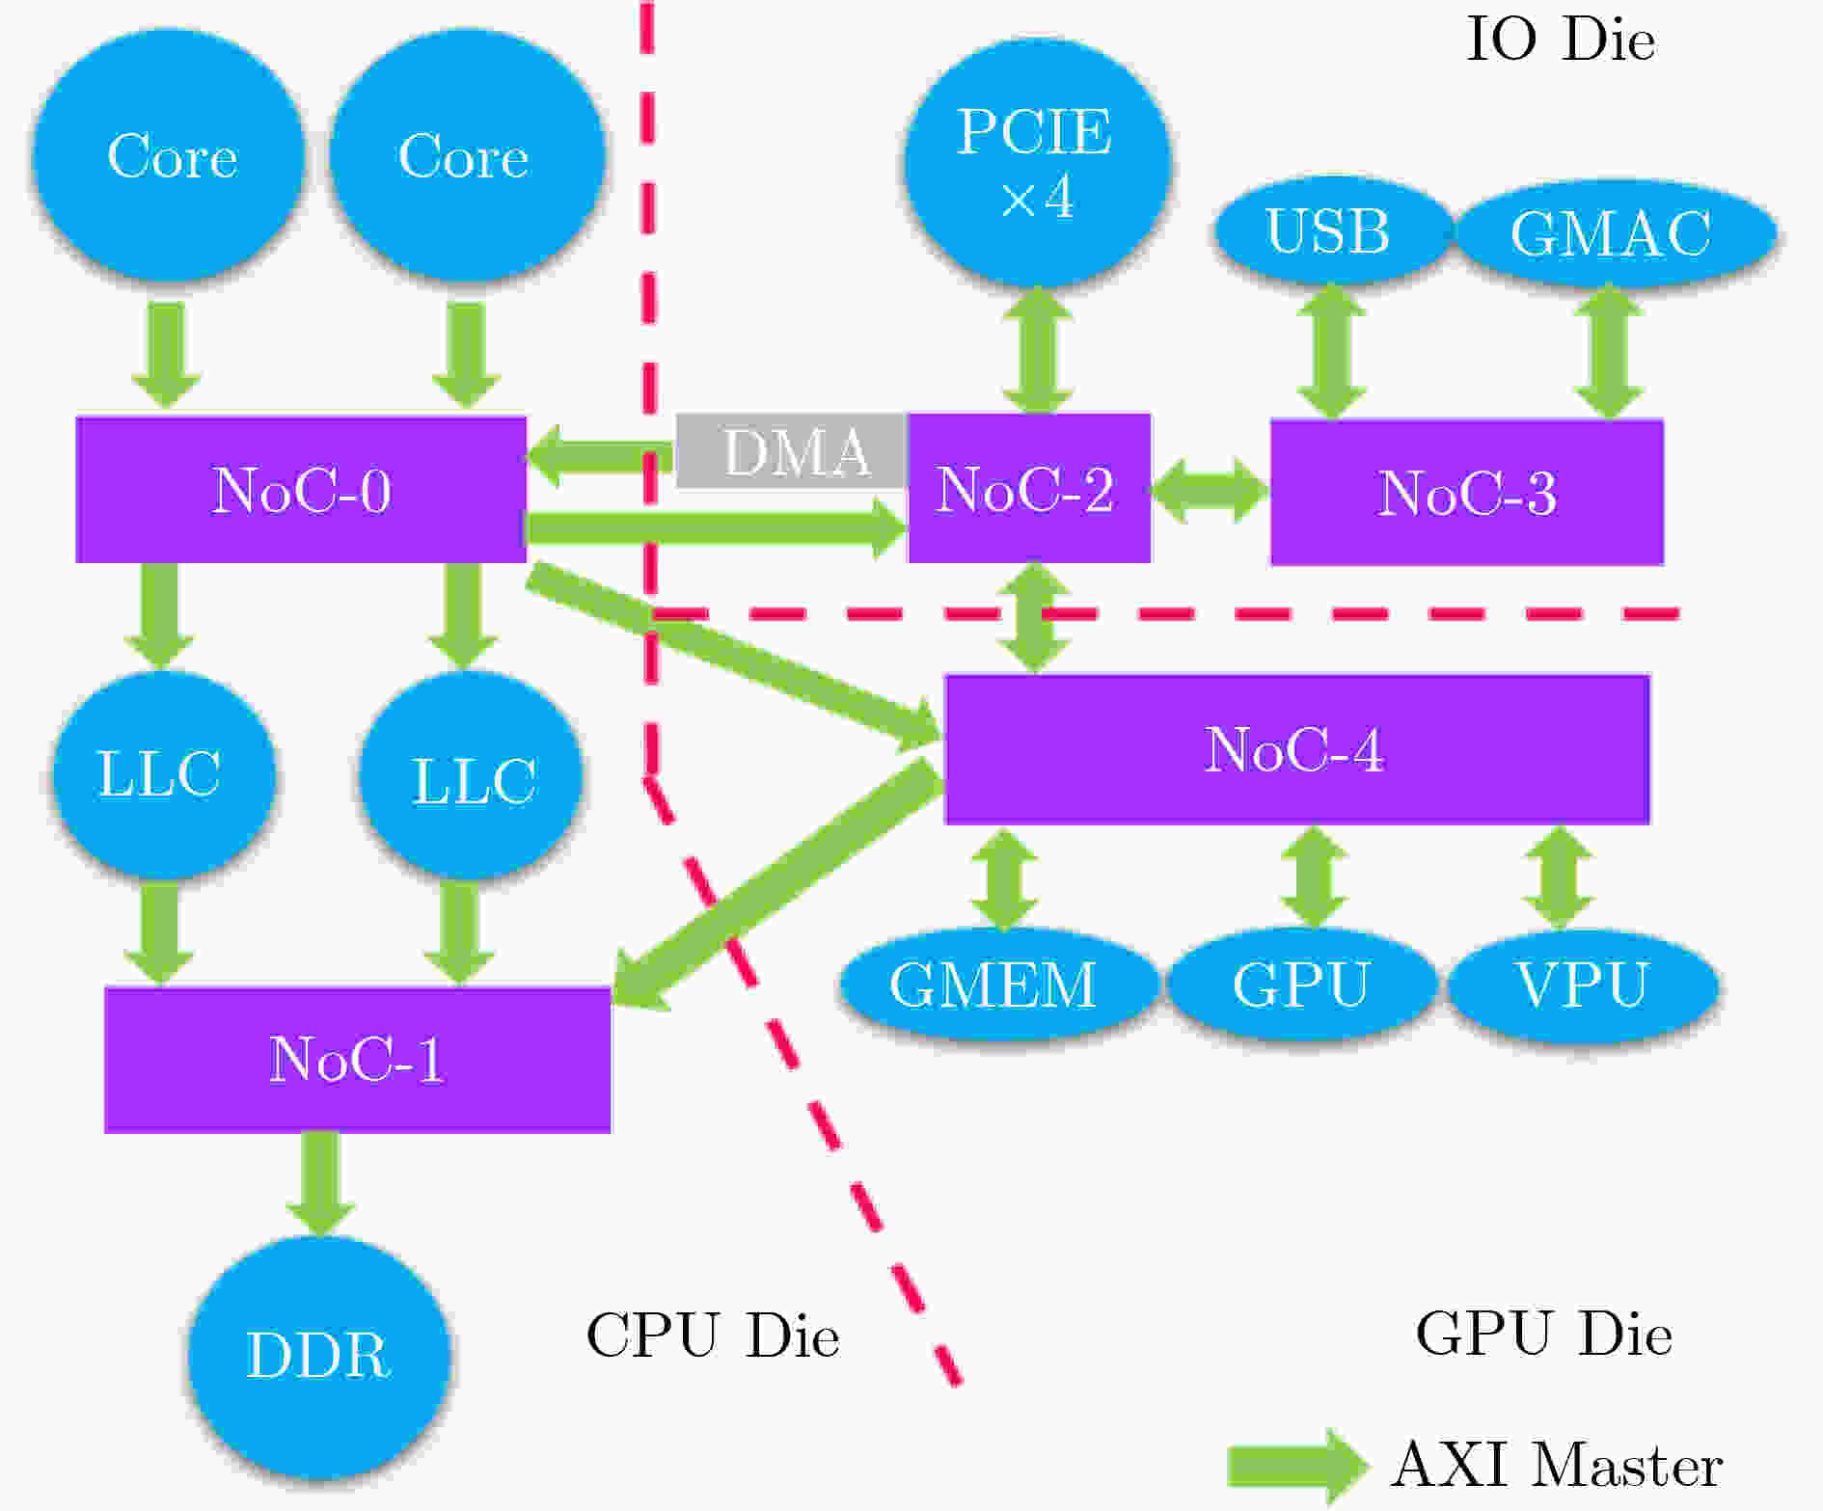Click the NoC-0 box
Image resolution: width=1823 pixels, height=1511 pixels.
pyautogui.click(x=301, y=489)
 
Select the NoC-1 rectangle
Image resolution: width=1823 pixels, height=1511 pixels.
pyautogui.click(x=357, y=1059)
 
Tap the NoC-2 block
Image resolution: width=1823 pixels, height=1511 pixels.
pyautogui.click(x=1028, y=489)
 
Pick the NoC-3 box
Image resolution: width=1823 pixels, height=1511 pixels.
pyautogui.click(x=1466, y=493)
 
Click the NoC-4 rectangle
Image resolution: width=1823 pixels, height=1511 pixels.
pyautogui.click(x=1296, y=749)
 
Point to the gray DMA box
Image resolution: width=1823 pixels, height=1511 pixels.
pyautogui.click(x=791, y=451)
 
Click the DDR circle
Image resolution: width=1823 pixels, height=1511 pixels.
pyautogui.click(x=319, y=1354)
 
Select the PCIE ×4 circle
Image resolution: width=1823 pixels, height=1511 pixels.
pyautogui.click(x=1036, y=162)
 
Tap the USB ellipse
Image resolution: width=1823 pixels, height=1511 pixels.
pyautogui.click(x=1329, y=231)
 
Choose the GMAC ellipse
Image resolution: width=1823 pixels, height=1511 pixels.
pyautogui.click(x=1613, y=233)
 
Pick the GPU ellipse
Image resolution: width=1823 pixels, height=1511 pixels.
pyautogui.click(x=1301, y=984)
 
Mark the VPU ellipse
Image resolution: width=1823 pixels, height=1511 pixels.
pyautogui.click(x=1582, y=984)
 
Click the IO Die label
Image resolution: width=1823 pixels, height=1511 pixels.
pyautogui.click(x=1560, y=40)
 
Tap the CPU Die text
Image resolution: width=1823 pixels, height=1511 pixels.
pyautogui.click(x=712, y=1336)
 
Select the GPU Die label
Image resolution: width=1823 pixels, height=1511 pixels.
pyautogui.click(x=1543, y=1334)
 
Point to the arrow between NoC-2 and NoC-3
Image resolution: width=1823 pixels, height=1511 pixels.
pyautogui.click(x=1210, y=490)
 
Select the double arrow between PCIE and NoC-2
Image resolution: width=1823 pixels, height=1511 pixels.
pyautogui.click(x=1037, y=349)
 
